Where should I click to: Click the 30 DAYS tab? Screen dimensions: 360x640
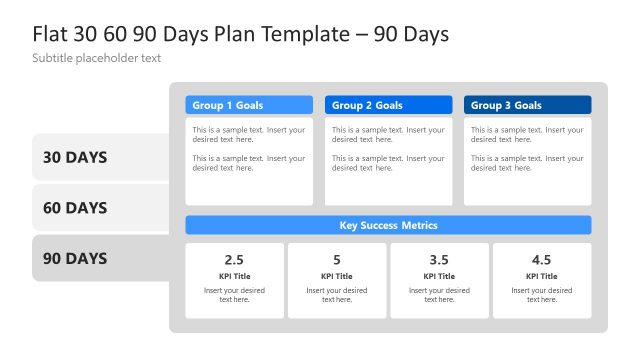(75, 157)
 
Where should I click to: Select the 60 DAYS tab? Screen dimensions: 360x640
(75, 208)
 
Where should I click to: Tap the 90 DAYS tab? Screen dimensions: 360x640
(75, 258)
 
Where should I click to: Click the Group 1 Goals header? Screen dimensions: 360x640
(249, 105)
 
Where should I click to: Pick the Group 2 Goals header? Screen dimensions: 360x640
(388, 105)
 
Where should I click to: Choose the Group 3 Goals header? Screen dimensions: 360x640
(527, 105)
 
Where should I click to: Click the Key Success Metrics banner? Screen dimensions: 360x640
(388, 225)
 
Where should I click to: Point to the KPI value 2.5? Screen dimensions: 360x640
(234, 260)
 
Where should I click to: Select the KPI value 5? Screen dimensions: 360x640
(337, 260)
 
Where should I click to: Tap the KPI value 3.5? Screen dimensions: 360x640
(439, 260)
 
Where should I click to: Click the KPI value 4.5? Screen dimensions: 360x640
(542, 260)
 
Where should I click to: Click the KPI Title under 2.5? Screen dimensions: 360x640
(234, 276)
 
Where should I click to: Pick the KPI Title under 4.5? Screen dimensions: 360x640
(542, 276)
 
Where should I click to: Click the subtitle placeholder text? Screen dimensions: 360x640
(97, 58)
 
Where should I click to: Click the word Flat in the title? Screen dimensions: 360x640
(51, 34)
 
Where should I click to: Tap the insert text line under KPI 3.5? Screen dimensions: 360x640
(439, 294)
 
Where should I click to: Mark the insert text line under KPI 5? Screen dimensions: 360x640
(337, 294)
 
